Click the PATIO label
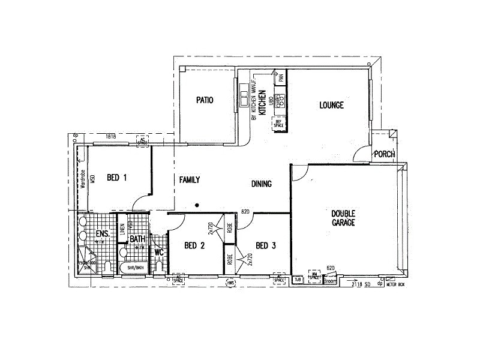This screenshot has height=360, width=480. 205,100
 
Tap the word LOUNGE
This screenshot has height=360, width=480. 331,106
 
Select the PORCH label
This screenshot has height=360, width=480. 384,154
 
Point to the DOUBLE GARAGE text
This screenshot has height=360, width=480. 344,218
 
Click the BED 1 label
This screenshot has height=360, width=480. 117,177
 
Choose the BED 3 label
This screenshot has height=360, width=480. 266,245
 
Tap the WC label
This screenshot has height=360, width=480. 159,252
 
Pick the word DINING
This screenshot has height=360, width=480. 262,184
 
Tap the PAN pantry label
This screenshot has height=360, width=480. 280,78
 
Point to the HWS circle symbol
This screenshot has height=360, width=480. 230,281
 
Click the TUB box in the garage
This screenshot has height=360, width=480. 298,279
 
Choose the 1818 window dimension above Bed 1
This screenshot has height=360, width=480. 110,137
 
